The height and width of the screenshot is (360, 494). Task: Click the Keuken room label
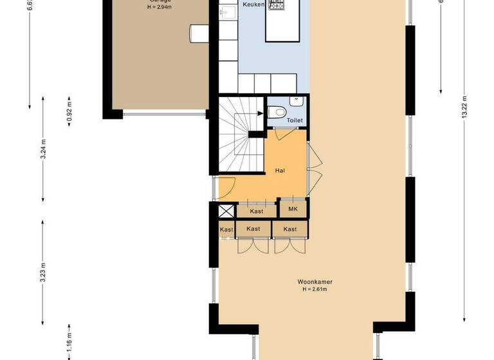[253, 4]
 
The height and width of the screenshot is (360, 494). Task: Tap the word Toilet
[294, 120]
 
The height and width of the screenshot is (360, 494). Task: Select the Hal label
[279, 170]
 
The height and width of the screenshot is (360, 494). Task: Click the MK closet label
[293, 209]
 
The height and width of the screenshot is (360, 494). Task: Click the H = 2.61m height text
[315, 289]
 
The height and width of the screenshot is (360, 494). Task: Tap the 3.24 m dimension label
[42, 148]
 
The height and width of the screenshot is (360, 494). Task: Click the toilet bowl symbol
[277, 111]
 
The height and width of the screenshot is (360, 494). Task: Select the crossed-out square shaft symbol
[226, 211]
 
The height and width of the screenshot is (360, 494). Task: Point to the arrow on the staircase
[259, 113]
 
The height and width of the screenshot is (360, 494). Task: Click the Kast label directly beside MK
[257, 211]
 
